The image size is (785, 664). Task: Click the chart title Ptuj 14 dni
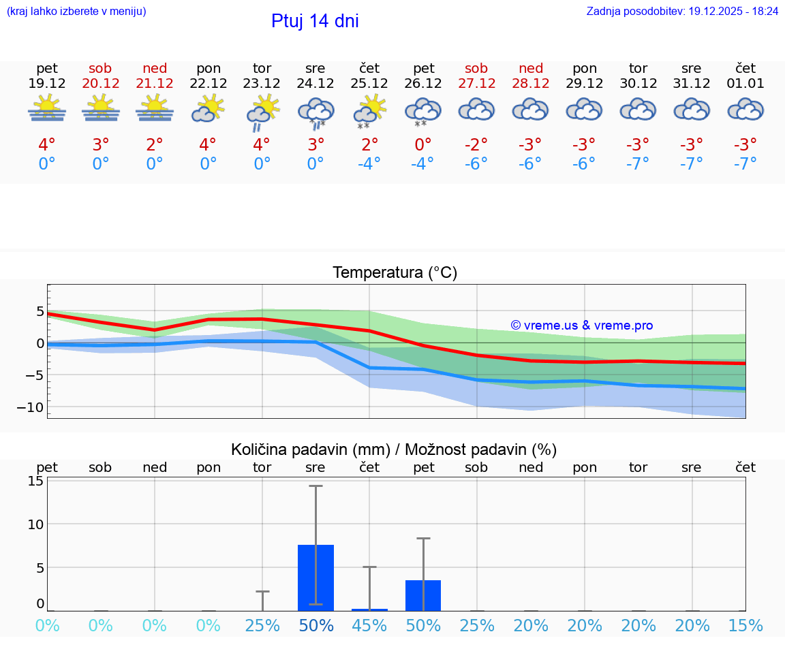pyautogui.click(x=315, y=21)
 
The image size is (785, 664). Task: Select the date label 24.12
pyautogui.click(x=315, y=83)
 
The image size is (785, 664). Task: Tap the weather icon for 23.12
pyautogui.click(x=262, y=112)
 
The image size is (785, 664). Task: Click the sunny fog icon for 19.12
pyautogui.click(x=47, y=109)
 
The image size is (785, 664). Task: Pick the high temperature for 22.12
pyautogui.click(x=208, y=145)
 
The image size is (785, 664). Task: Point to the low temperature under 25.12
pyautogui.click(x=369, y=164)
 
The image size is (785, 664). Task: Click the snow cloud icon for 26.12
pyautogui.click(x=423, y=112)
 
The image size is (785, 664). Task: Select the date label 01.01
pyautogui.click(x=745, y=83)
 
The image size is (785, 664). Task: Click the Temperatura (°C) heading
pyautogui.click(x=395, y=273)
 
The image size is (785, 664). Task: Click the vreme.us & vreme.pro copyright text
pyautogui.click(x=581, y=326)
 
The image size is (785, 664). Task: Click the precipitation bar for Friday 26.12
pyautogui.click(x=423, y=595)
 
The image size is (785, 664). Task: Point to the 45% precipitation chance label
pyautogui.click(x=369, y=626)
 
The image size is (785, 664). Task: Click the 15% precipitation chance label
pyautogui.click(x=745, y=626)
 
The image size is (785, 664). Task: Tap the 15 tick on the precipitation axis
pyautogui.click(x=35, y=481)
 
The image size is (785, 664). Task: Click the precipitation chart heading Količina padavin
pyautogui.click(x=394, y=449)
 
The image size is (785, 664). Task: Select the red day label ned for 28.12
pyautogui.click(x=531, y=68)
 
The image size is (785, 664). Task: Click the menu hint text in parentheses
pyautogui.click(x=76, y=11)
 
